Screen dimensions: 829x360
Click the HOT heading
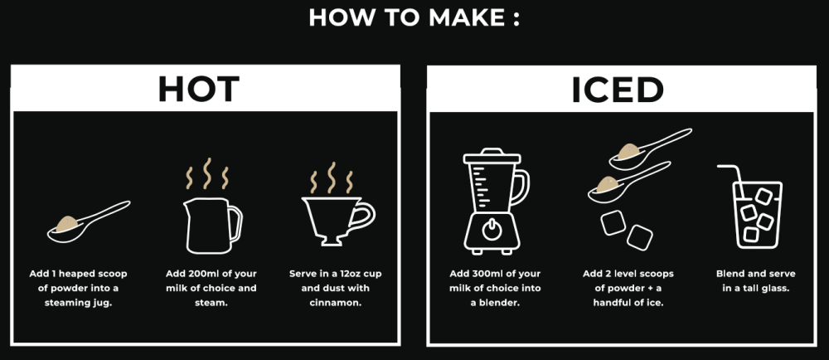199,90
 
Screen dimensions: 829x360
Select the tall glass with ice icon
752,207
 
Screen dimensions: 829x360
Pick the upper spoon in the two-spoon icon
649,147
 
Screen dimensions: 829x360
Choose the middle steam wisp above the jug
207,173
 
